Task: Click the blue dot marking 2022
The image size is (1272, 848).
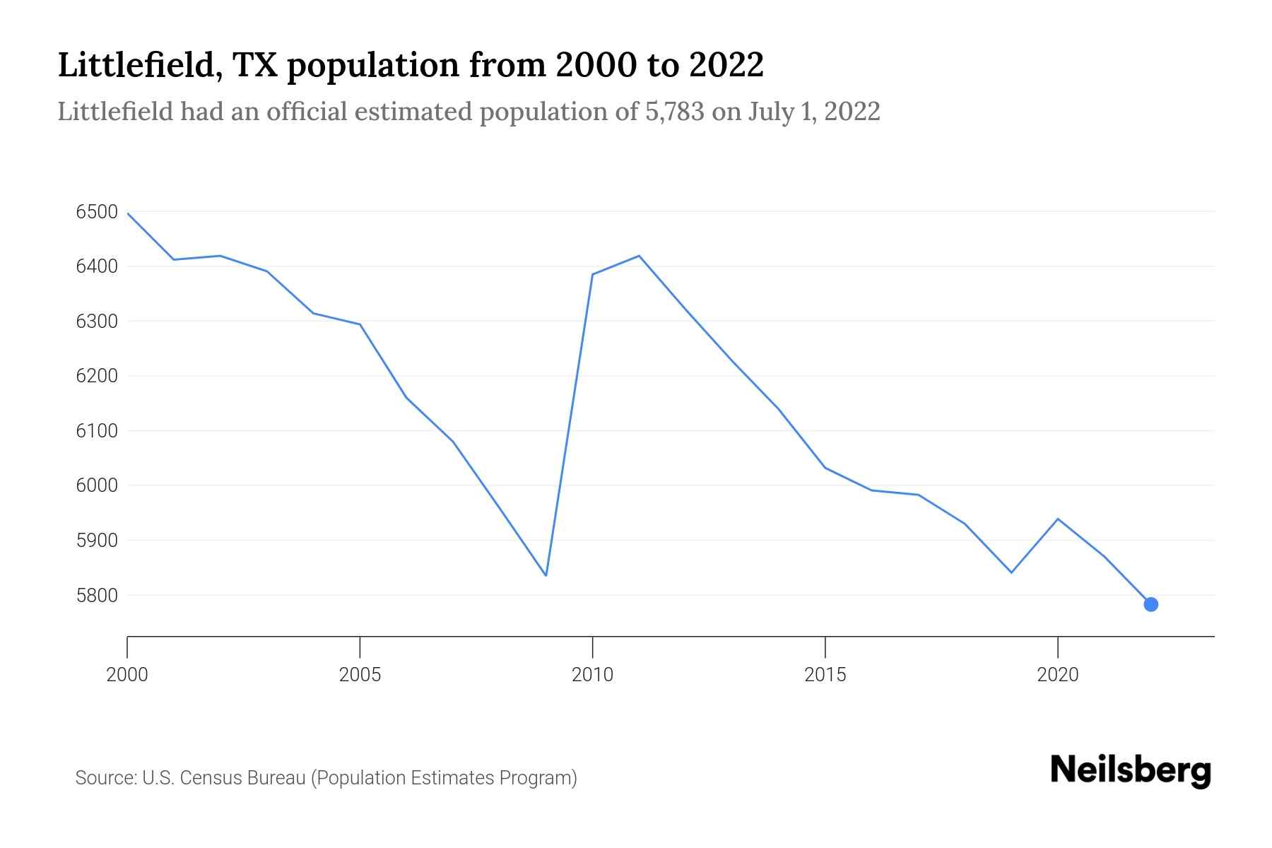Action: [1150, 604]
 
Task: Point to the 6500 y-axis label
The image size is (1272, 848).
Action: [96, 212]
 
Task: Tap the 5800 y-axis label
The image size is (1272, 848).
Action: [96, 595]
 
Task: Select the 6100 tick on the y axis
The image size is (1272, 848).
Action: [96, 431]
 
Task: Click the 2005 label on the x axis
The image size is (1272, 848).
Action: [360, 675]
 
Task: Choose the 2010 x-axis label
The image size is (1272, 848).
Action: [592, 675]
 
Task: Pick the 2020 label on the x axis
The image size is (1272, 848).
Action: [1057, 675]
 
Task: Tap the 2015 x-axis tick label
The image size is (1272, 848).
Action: [825, 675]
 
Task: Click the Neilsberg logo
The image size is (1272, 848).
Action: [1131, 770]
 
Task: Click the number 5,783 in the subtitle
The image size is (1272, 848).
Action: [674, 112]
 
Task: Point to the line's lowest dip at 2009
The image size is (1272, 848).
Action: [546, 575]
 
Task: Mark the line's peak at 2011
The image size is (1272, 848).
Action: [639, 256]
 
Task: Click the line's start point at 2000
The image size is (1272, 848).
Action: [128, 213]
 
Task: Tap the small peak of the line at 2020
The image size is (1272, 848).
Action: [1057, 519]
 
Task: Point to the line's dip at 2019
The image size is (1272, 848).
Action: [1011, 572]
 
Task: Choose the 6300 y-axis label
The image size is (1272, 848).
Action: [96, 322]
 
